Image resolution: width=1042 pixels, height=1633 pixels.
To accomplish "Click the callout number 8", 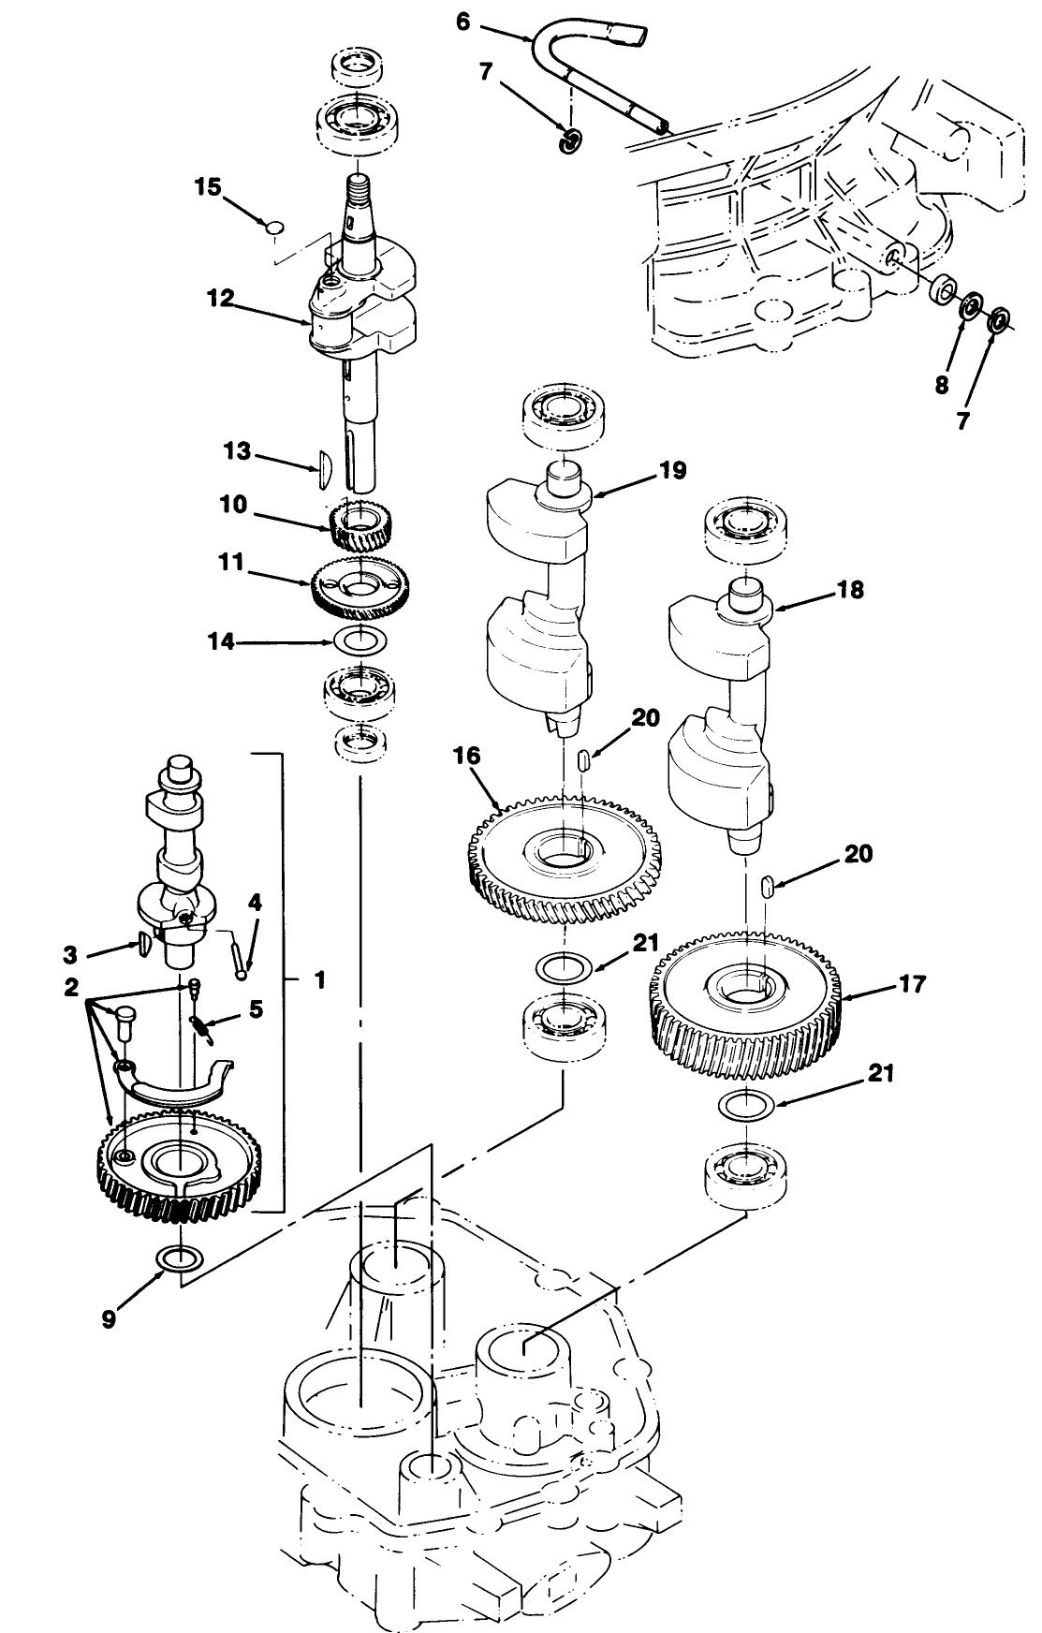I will pyautogui.click(x=941, y=386).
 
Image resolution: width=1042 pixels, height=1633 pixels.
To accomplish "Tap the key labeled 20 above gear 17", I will pyautogui.click(x=767, y=887).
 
